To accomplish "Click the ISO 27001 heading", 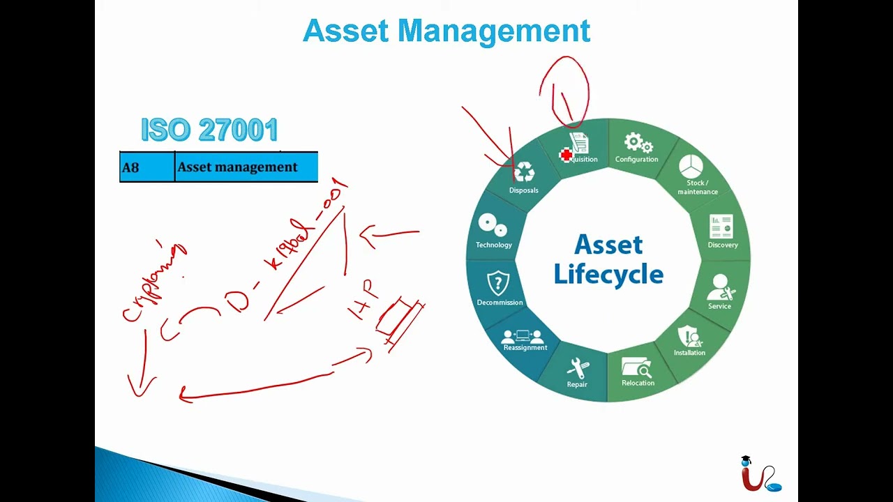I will click(x=209, y=130).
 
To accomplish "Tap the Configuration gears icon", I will click(x=638, y=143).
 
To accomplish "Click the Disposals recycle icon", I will click(x=524, y=172).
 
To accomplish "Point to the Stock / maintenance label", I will click(x=697, y=188).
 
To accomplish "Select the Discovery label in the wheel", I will click(x=723, y=245).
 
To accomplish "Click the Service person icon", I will click(x=721, y=287).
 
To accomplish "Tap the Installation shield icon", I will click(x=690, y=337).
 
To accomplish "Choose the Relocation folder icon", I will click(x=637, y=367).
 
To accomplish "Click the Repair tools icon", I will click(x=578, y=368).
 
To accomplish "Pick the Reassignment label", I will click(x=525, y=348).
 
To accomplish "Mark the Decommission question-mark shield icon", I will click(x=498, y=284).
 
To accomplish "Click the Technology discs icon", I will click(x=493, y=226).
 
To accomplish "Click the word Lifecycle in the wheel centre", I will click(x=608, y=275).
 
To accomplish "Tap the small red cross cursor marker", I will click(x=566, y=155).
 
